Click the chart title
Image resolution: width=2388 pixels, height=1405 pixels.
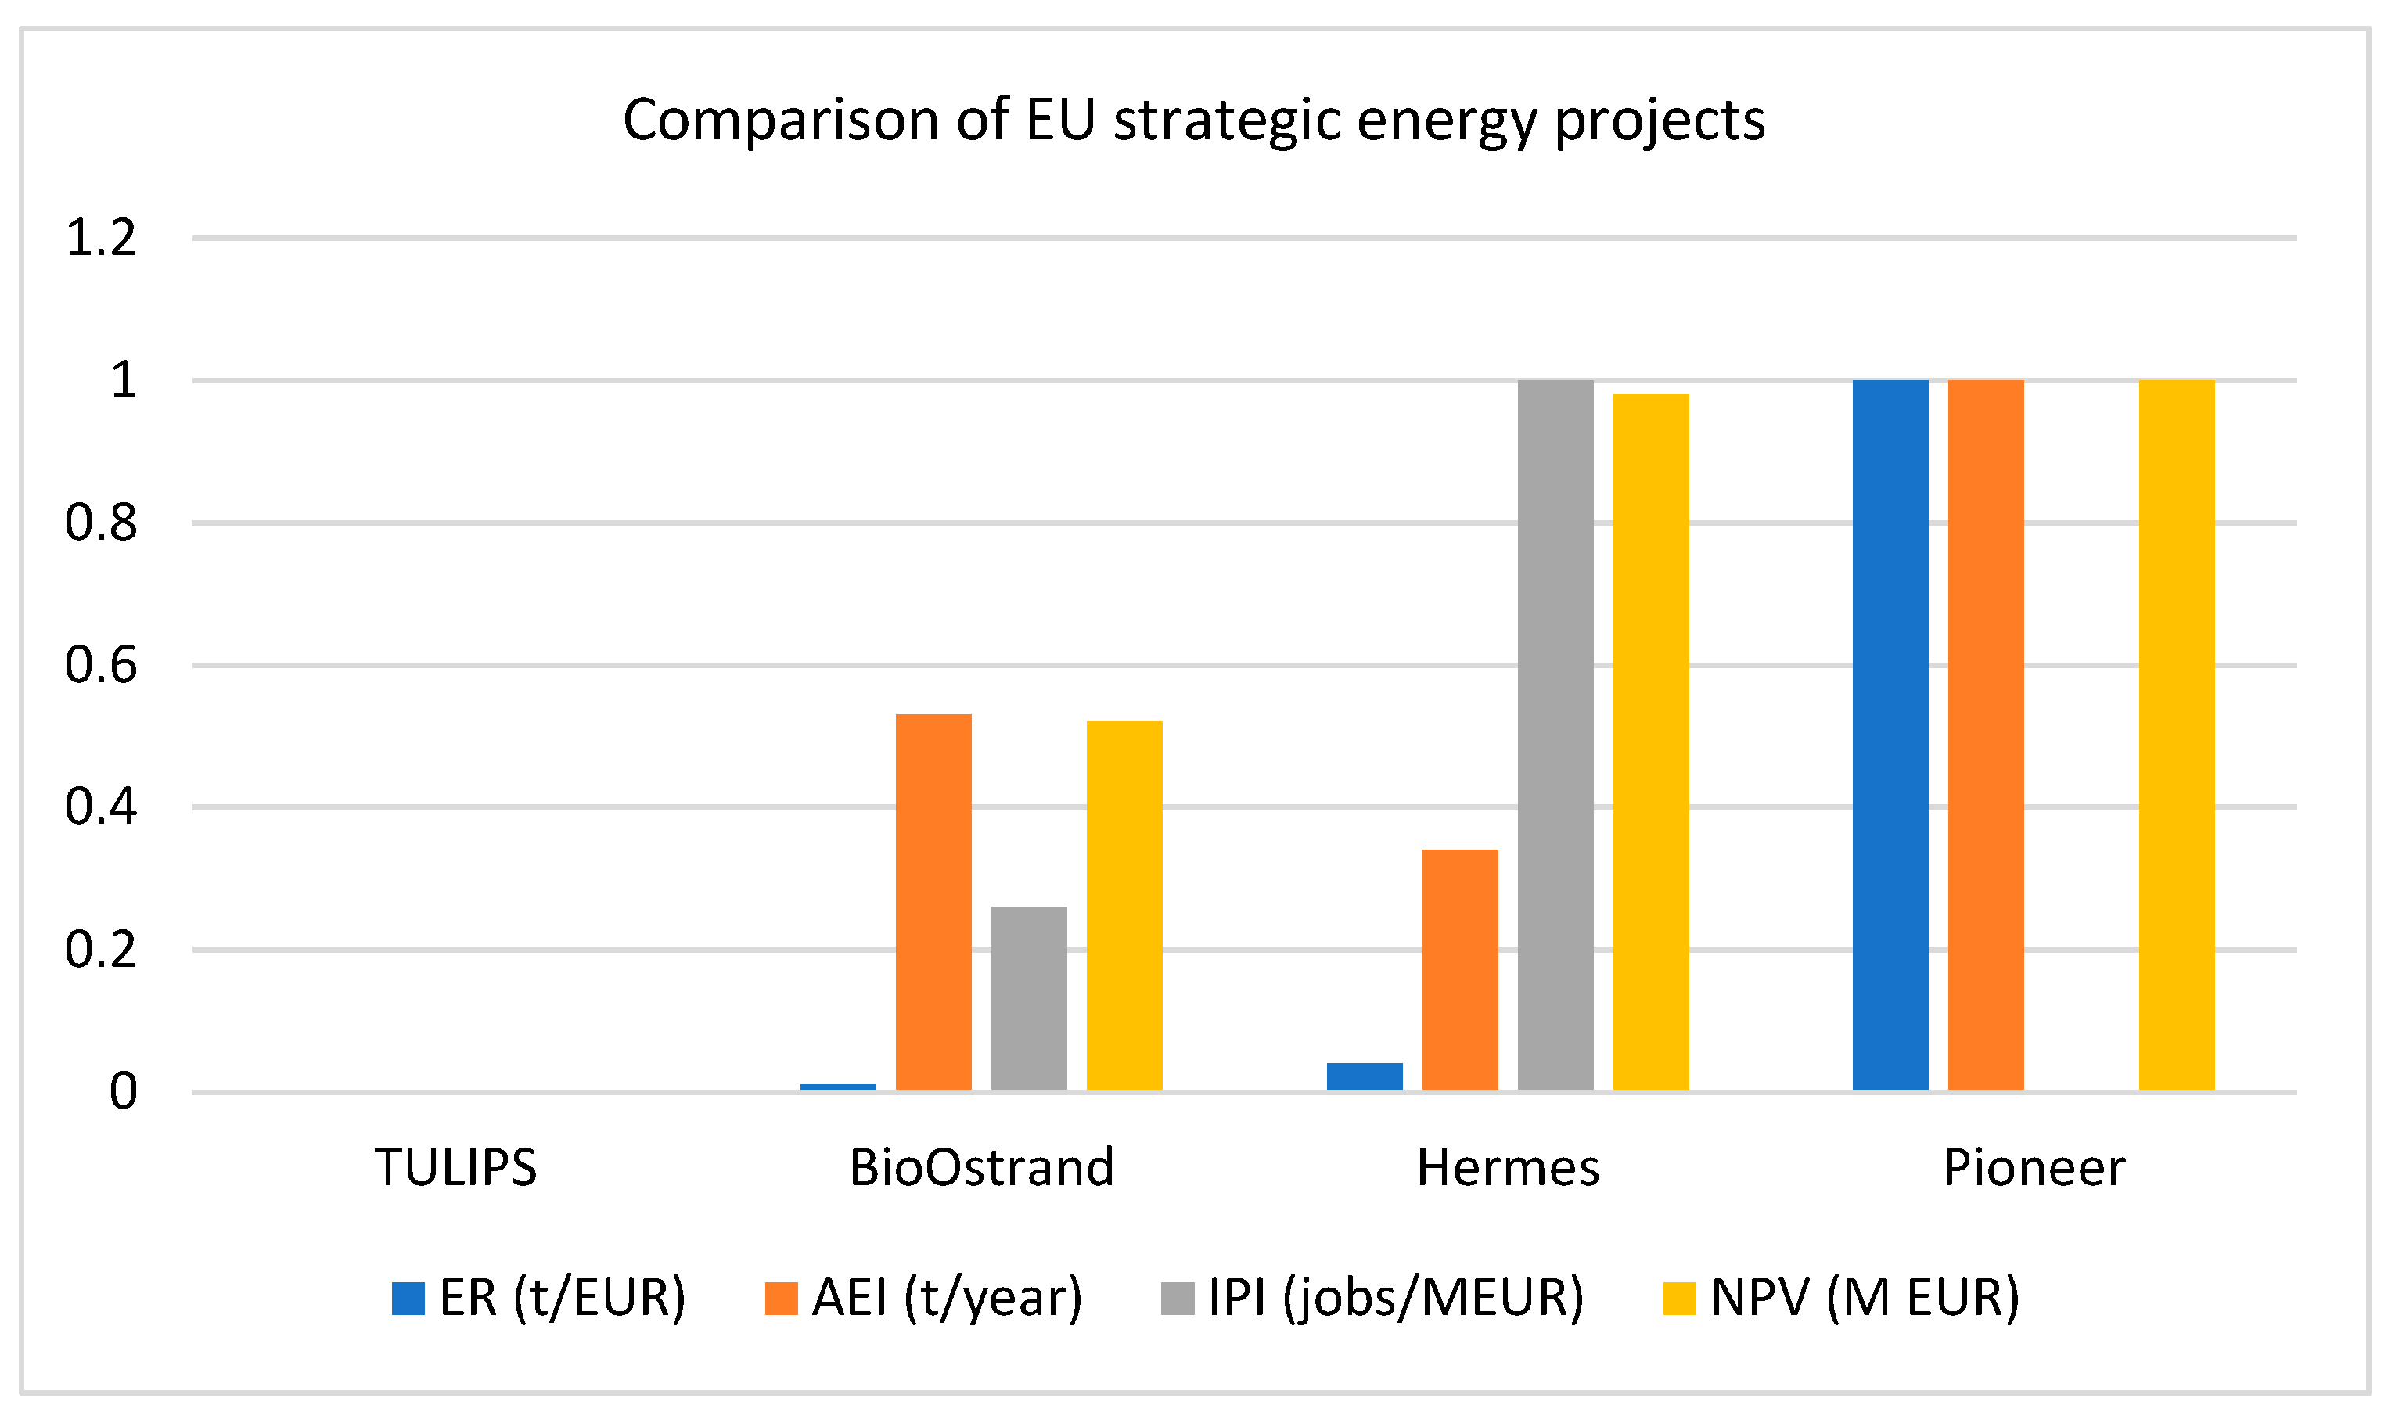[1193, 120]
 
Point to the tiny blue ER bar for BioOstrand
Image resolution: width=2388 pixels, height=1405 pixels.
[838, 1087]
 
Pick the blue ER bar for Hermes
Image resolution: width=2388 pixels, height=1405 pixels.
[1365, 1076]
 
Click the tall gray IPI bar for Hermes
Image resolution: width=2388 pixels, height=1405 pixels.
[1555, 735]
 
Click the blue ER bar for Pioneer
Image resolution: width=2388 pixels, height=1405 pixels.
[1890, 735]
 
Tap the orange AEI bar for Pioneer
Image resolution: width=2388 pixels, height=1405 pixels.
[1986, 735]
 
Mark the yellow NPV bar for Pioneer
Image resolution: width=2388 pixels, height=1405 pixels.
[2177, 735]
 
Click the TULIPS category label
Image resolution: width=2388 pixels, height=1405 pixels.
[456, 1167]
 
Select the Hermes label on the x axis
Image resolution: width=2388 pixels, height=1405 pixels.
[1508, 1167]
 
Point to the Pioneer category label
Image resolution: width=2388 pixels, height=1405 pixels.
[2034, 1167]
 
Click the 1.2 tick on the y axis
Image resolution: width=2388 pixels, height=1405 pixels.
[100, 238]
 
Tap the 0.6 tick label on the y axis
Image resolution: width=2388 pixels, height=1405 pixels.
[100, 665]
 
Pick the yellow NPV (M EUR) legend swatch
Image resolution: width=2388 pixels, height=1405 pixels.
[1679, 1299]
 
